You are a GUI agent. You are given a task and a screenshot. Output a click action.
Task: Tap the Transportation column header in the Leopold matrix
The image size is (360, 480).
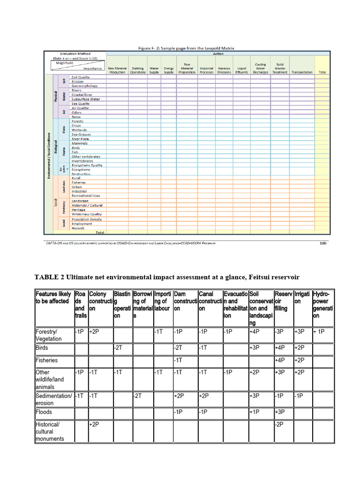pos(301,72)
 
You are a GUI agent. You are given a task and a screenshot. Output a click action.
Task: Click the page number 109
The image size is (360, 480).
pos(323,243)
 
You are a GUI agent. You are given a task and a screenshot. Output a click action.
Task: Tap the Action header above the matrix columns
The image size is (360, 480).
pos(218,53)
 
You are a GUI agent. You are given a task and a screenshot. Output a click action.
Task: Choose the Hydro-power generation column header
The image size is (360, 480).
pos(322,305)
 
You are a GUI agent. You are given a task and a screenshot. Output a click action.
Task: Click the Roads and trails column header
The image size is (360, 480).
pos(80,305)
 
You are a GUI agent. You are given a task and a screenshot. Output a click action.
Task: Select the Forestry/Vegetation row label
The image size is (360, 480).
pos(48,335)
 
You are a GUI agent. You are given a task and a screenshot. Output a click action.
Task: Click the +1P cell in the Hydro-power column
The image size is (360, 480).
pos(319,331)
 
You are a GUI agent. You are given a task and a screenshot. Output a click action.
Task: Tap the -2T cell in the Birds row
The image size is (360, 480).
pos(118,347)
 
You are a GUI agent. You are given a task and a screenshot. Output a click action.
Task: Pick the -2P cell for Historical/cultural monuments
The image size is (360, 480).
pos(280,424)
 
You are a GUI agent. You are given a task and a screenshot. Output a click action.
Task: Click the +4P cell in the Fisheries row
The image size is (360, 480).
pos(280,360)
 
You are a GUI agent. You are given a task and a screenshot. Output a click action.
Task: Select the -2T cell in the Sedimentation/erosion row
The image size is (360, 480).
pos(138,396)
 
